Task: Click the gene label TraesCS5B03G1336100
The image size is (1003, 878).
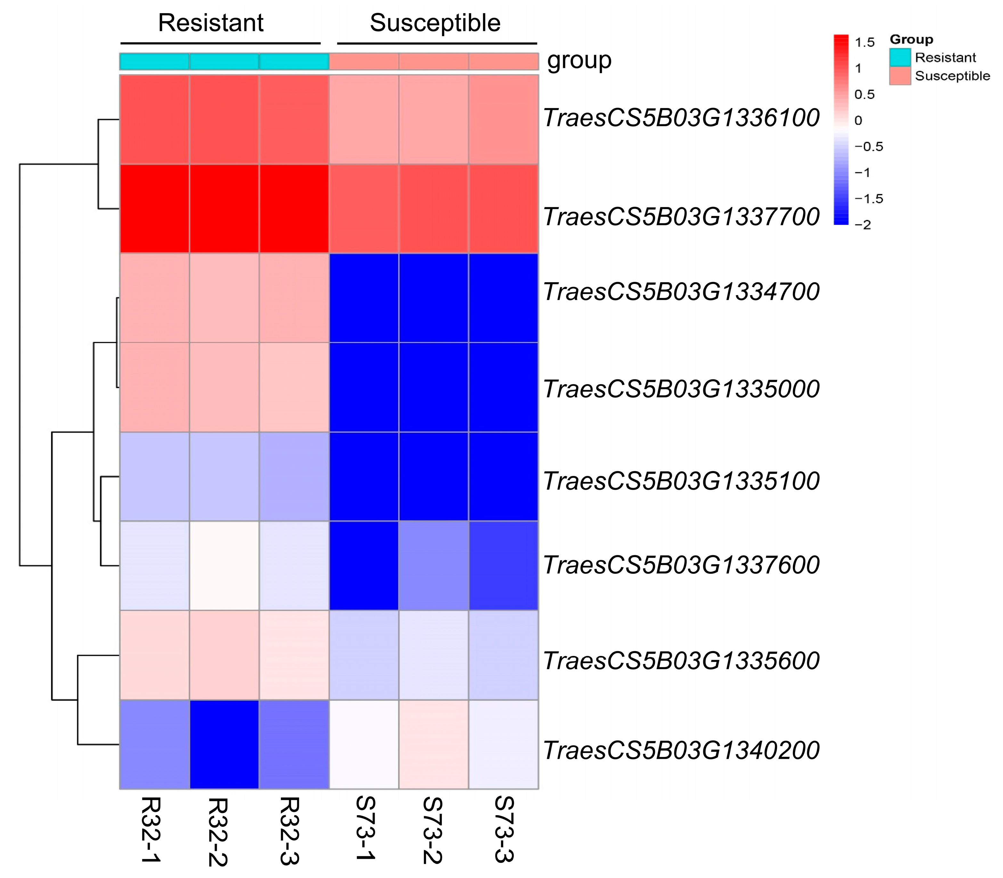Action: pos(681,118)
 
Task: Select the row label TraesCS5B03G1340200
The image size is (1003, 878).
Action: pos(681,750)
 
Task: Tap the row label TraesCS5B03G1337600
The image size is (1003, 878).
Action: pos(681,565)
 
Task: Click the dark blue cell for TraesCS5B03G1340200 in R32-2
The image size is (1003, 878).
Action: pos(224,744)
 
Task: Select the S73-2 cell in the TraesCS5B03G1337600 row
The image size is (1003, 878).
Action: pos(433,565)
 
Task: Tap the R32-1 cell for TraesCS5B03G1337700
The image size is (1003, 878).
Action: pos(155,209)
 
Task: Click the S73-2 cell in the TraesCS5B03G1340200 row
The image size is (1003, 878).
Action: pos(433,744)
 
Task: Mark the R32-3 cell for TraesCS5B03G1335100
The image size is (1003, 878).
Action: pos(294,476)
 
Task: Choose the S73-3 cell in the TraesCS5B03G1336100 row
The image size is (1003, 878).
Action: pos(503,119)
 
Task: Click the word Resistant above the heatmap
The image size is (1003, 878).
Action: pos(211,23)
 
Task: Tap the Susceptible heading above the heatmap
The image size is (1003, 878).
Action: pos(435,23)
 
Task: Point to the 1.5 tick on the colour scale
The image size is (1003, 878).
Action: pos(864,43)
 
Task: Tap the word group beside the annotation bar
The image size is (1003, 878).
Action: pos(579,61)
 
